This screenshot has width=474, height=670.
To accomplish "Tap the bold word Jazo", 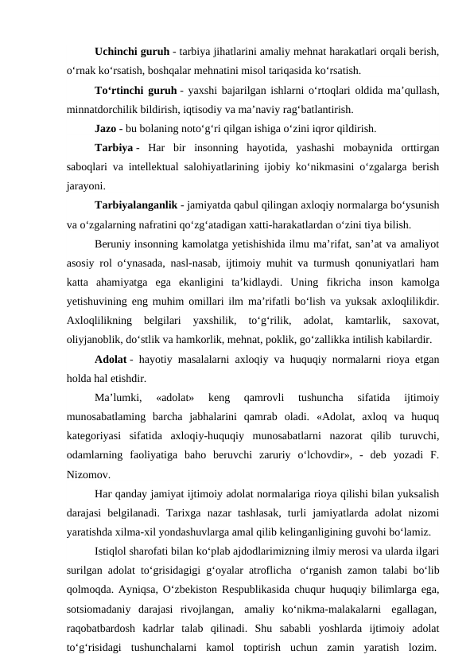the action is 103,129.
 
